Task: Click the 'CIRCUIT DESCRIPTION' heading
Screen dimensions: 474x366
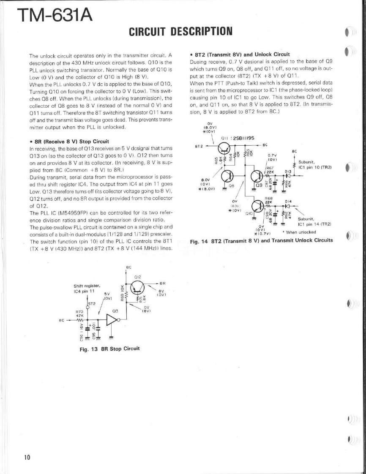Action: point(181,31)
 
